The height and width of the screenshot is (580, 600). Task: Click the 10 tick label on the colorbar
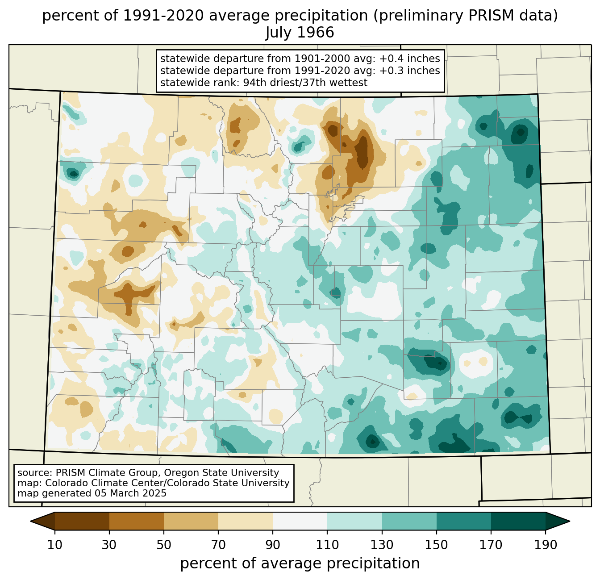click(54, 545)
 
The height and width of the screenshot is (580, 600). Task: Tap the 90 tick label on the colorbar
click(273, 545)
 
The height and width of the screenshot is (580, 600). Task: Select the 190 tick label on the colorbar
click(545, 545)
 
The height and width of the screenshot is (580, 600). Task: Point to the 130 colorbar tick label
click(382, 545)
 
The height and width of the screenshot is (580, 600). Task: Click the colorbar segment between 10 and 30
click(82, 521)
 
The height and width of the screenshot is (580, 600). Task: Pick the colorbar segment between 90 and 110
click(300, 521)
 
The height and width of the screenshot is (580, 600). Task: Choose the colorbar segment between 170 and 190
click(518, 521)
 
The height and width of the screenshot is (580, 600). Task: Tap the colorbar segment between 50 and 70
click(191, 521)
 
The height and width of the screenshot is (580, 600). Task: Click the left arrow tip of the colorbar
click(30, 521)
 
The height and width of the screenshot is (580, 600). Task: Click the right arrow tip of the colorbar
click(570, 521)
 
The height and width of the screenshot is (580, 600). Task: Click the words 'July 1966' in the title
click(300, 33)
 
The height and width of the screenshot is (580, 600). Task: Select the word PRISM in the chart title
click(486, 16)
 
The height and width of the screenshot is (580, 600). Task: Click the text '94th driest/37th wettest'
click(305, 83)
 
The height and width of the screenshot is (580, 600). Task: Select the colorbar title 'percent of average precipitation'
click(300, 563)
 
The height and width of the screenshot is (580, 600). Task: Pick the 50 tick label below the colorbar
click(164, 545)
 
